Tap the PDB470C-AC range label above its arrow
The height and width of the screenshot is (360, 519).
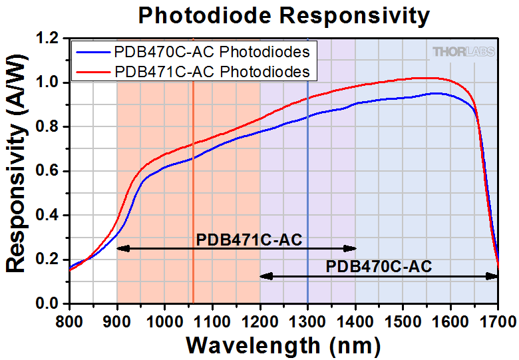(379, 266)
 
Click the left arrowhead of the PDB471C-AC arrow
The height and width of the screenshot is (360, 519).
(120, 248)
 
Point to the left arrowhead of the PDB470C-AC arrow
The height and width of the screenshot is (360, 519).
(263, 275)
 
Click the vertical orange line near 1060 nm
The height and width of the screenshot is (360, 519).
(193, 200)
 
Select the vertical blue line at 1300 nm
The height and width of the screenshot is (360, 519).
(307, 200)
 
